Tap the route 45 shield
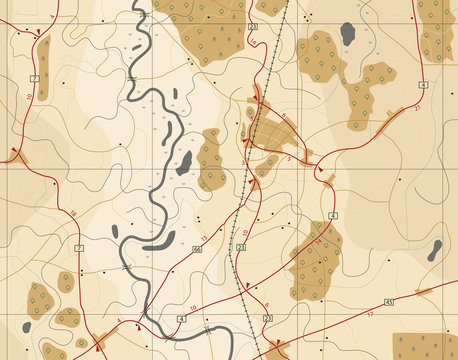389,300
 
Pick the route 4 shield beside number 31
423,86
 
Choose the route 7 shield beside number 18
79,246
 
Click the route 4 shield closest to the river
181,318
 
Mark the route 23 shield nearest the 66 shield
241,246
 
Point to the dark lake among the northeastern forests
347,34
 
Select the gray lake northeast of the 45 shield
435,250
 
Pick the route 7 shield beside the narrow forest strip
35,77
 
